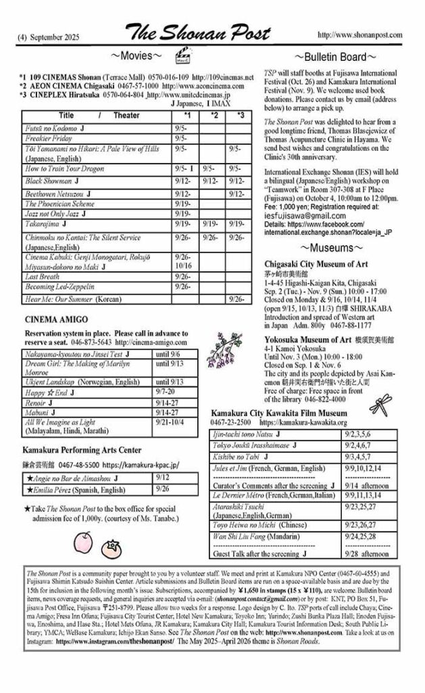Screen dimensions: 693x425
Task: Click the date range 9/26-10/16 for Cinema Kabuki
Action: (x=183, y=262)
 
